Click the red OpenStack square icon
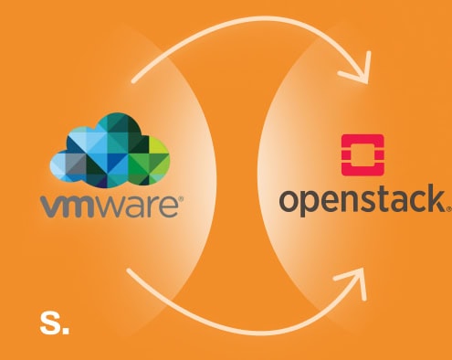(362, 155)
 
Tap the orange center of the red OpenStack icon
(362, 155)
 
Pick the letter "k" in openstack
(434, 198)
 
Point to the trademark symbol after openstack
(447, 206)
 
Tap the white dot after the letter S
(65, 328)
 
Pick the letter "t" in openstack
(378, 199)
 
